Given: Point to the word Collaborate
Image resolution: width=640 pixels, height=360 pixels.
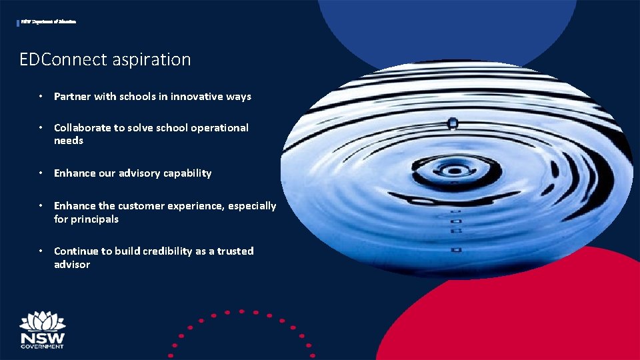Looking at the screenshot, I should click(x=82, y=127).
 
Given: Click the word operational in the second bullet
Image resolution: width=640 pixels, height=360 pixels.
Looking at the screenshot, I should click(x=219, y=128).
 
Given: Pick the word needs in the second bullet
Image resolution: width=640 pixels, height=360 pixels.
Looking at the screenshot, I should click(x=69, y=141).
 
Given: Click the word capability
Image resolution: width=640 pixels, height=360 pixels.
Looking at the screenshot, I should click(x=190, y=173).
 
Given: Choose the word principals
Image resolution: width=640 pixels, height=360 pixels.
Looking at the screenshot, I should click(x=95, y=219).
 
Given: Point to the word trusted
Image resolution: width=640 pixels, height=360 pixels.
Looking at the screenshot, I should click(x=235, y=251).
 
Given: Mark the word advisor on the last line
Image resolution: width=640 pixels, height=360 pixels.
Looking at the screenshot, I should click(x=72, y=265).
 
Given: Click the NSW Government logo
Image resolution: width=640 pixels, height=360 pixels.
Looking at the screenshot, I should click(x=42, y=330).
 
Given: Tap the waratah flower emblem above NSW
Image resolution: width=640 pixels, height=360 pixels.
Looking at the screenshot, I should click(x=42, y=320).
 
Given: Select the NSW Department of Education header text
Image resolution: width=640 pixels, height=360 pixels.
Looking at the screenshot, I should click(x=48, y=22).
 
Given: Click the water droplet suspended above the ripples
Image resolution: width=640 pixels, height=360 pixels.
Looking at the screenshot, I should click(x=453, y=123).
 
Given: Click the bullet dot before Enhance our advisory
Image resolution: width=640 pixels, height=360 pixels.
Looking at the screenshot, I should click(x=41, y=173).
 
